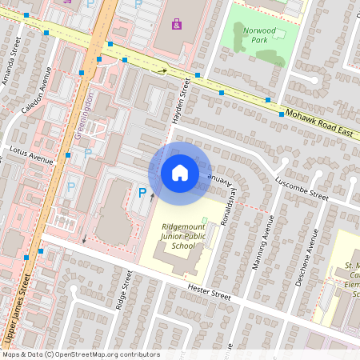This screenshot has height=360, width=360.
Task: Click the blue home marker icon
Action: click(x=180, y=173)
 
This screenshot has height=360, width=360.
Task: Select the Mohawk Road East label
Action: click(x=321, y=121)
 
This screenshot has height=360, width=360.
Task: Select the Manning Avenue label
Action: click(x=261, y=248)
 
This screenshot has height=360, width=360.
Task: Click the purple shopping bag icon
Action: click(x=177, y=24)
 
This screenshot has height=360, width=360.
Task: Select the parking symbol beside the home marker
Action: click(x=143, y=192)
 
